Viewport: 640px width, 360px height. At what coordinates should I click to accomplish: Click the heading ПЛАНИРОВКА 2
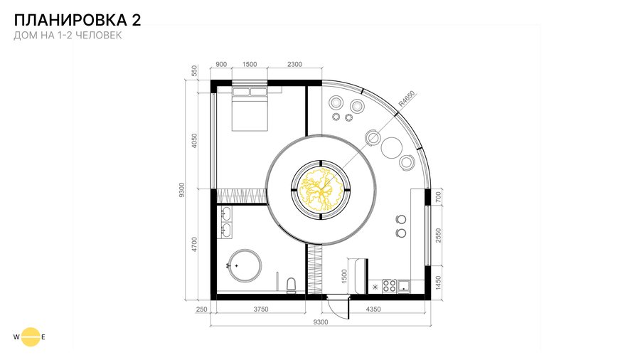78,20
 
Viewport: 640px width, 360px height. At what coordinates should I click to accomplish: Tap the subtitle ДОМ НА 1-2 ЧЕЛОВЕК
68,35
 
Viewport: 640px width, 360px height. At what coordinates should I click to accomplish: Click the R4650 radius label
406,99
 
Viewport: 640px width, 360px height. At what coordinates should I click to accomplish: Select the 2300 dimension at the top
294,64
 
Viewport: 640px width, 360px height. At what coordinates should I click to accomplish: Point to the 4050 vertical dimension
194,141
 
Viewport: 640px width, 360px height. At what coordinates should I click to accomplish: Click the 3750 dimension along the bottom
261,309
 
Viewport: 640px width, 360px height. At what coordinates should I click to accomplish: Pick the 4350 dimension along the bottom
373,309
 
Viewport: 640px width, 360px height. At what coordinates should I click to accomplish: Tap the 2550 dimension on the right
438,235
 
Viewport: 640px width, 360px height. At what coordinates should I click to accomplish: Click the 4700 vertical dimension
194,245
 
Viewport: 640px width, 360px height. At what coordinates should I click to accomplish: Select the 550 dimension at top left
194,71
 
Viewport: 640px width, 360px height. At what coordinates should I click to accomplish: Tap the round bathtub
245,265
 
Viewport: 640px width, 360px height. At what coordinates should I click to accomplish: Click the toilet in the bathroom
292,285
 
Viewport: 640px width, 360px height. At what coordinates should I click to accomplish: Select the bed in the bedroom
250,109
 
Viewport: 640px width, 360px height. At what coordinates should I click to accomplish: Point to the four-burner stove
389,286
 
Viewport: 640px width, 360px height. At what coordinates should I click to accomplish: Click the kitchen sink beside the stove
404,286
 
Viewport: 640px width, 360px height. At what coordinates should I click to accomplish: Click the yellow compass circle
31,337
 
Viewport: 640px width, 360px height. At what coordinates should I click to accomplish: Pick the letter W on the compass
16,337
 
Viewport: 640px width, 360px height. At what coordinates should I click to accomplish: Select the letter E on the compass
43,337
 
